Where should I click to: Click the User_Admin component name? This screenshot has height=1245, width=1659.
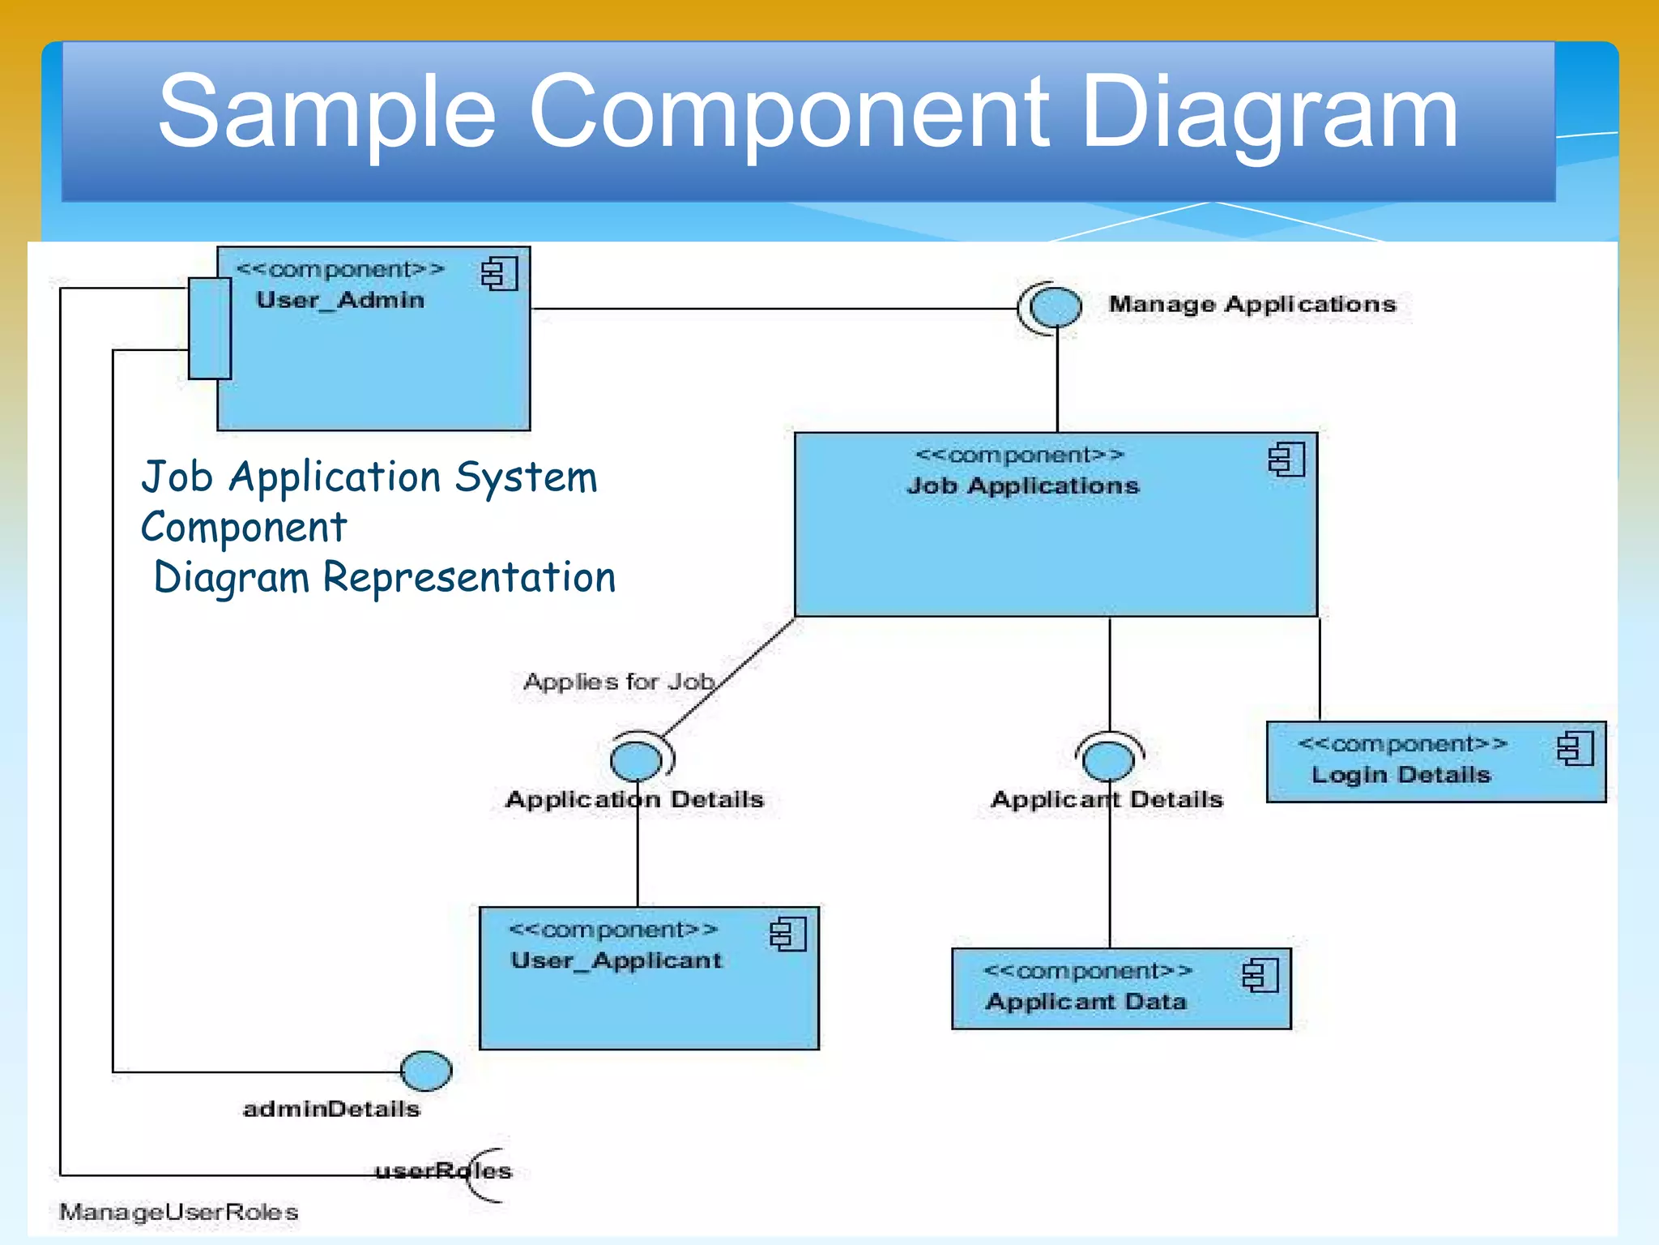click(340, 301)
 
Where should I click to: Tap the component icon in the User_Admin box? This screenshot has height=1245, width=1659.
click(499, 274)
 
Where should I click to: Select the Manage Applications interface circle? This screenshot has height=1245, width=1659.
click(1056, 307)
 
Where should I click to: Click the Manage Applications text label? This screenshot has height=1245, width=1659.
click(1252, 305)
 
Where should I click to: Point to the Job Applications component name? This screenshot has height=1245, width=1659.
click(1023, 486)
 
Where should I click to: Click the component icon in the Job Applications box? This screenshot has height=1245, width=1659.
click(1286, 460)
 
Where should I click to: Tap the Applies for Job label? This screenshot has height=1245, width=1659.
click(619, 682)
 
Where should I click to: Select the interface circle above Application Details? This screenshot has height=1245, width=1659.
click(637, 761)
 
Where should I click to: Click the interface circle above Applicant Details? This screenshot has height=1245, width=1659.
click(1108, 761)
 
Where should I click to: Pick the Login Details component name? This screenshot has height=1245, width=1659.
click(1401, 775)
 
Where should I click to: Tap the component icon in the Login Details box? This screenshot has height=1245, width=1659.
click(1575, 748)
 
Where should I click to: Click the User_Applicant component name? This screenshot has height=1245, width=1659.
click(616, 961)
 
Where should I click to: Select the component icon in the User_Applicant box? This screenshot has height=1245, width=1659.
click(787, 935)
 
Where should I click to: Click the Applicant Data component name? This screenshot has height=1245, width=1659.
click(1085, 1003)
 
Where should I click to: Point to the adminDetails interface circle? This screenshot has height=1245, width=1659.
click(426, 1071)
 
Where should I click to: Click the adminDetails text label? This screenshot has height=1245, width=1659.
click(331, 1110)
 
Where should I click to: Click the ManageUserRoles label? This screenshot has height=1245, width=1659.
click(179, 1213)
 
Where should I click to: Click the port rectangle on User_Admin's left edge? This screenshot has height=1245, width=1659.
click(210, 328)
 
